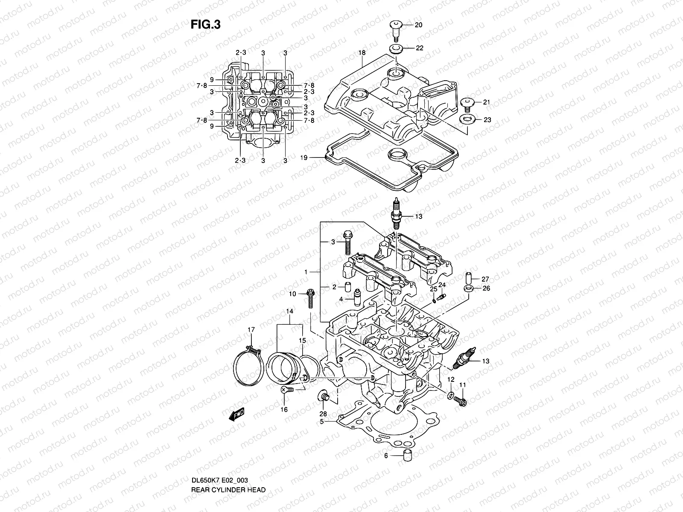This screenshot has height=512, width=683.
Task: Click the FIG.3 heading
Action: (x=205, y=25)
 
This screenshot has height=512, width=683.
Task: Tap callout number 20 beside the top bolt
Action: (x=418, y=25)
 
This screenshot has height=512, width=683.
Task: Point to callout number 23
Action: (x=487, y=120)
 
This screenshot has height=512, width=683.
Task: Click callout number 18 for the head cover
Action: (x=362, y=53)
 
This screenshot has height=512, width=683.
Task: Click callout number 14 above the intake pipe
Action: (x=290, y=312)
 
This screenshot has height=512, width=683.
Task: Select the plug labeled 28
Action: (x=324, y=396)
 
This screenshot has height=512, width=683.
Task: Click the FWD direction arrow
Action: (x=236, y=414)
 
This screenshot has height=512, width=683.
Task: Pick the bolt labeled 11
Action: (x=462, y=401)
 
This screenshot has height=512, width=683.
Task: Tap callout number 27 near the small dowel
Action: (x=485, y=279)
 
